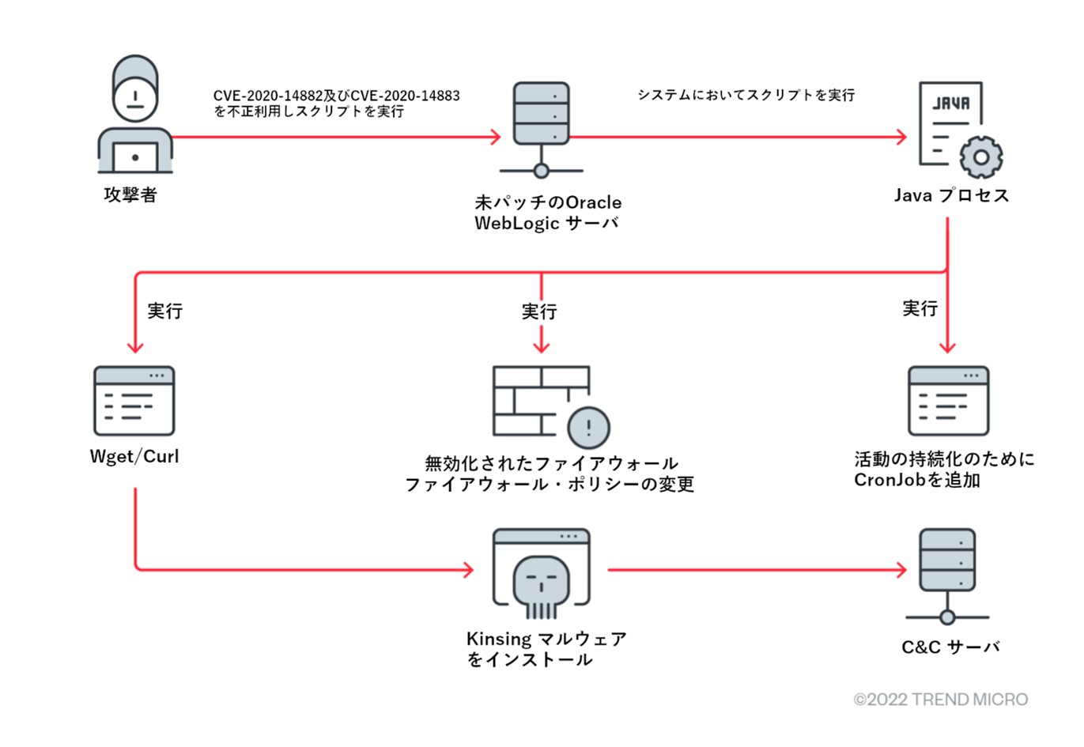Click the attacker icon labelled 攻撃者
(x=135, y=115)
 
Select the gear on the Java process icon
(x=981, y=157)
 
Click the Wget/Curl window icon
(x=134, y=400)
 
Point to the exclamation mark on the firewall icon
(x=589, y=428)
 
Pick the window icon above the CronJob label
(x=948, y=400)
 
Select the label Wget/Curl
(x=134, y=457)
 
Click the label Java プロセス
(x=951, y=195)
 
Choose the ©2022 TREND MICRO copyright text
(x=941, y=700)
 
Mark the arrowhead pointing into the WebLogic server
(x=497, y=137)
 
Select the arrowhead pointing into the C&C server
(x=901, y=569)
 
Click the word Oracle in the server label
(x=593, y=202)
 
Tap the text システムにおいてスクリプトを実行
(x=746, y=95)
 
